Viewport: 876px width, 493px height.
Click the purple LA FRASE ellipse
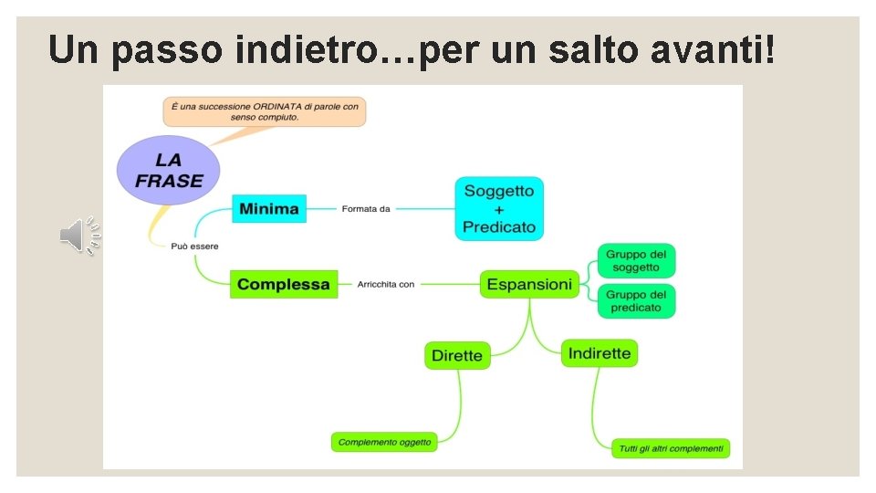pyautogui.click(x=169, y=171)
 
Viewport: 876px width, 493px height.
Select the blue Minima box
pyautogui.click(x=269, y=209)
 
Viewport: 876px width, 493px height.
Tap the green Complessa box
pyautogui.click(x=283, y=284)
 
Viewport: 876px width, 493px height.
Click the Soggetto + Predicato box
pyautogui.click(x=499, y=209)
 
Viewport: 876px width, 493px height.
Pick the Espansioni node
pyautogui.click(x=529, y=284)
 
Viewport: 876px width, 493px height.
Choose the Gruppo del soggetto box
pyautogui.click(x=636, y=260)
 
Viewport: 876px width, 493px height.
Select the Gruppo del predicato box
pyautogui.click(x=636, y=301)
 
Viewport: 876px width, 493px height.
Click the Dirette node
pyautogui.click(x=457, y=355)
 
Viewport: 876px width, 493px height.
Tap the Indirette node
pyautogui.click(x=599, y=353)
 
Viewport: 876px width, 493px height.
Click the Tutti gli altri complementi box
pyautogui.click(x=671, y=448)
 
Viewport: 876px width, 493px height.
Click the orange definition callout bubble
pyautogui.click(x=265, y=112)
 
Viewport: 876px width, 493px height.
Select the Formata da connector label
pyautogui.click(x=365, y=209)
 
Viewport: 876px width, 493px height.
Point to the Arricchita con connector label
pyautogui.click(x=386, y=284)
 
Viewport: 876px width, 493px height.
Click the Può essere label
pyautogui.click(x=194, y=246)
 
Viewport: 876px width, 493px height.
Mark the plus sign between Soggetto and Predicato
pyautogui.click(x=499, y=209)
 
